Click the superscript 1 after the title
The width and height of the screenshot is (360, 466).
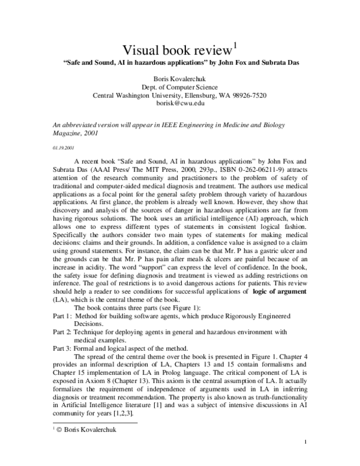pyautogui.click(x=235, y=43)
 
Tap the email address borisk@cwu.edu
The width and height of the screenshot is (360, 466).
pyautogui.click(x=180, y=103)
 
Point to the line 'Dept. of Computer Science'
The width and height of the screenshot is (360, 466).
pyautogui.click(x=180, y=86)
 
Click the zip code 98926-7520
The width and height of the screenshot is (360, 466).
pyautogui.click(x=247, y=95)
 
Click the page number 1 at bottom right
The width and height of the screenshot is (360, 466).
pyautogui.click(x=305, y=459)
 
